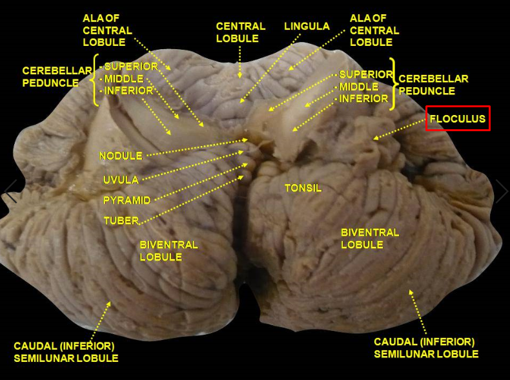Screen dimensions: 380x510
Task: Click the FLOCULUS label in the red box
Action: (x=458, y=119)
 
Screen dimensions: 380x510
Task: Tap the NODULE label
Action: (x=120, y=155)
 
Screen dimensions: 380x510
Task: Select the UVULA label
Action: (x=120, y=179)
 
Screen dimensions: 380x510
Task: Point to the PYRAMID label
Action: (x=127, y=200)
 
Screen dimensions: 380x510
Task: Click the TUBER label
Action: (x=121, y=221)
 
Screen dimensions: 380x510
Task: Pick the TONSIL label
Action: (x=303, y=188)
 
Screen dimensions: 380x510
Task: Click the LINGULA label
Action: (x=307, y=26)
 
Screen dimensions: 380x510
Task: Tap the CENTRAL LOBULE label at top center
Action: (x=240, y=32)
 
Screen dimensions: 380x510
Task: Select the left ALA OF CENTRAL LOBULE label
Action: (x=107, y=30)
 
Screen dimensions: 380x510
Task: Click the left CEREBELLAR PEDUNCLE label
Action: (x=50, y=76)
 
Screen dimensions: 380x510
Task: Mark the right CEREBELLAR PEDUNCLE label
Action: (x=433, y=85)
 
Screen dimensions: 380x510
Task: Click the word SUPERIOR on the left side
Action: (x=131, y=67)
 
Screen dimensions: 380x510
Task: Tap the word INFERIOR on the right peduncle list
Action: (x=363, y=99)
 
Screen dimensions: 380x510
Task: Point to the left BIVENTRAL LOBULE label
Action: (x=168, y=251)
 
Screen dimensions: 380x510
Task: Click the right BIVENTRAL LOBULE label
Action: (x=371, y=238)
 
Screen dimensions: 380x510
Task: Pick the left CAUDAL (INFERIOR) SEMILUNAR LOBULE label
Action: (x=66, y=352)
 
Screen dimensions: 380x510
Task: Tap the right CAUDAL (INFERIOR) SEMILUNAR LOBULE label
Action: (x=426, y=348)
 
